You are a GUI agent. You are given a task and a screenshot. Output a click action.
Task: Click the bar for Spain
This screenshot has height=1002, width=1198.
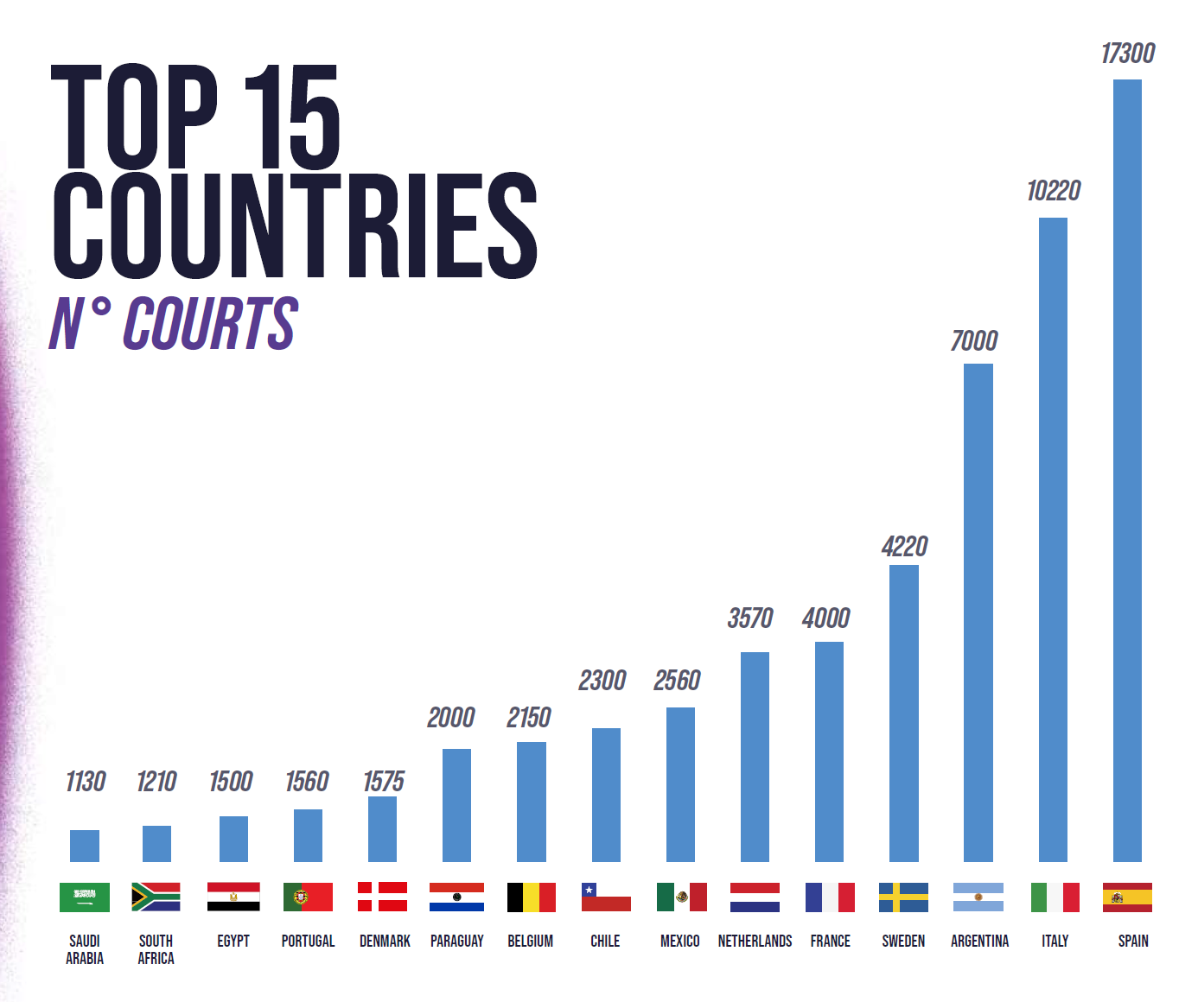1127,471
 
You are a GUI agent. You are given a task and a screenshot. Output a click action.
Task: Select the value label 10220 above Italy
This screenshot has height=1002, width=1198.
1053,191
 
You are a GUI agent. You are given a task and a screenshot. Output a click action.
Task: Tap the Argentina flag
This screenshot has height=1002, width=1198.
978,897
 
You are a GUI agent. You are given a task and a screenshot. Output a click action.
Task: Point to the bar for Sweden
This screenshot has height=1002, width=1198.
903,713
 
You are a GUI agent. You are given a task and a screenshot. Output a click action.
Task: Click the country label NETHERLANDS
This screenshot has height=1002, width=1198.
755,941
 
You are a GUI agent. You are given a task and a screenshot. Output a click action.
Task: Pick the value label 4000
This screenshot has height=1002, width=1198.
825,618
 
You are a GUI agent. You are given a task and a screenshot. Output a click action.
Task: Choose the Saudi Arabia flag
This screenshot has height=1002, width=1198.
85,897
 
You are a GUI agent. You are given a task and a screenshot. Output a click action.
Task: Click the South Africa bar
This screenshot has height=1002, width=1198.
156,844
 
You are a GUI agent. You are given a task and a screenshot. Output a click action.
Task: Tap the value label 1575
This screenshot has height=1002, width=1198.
383,782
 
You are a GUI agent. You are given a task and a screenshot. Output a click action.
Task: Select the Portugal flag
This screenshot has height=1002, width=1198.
308,897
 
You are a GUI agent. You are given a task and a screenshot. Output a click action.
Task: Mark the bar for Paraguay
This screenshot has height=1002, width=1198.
456,805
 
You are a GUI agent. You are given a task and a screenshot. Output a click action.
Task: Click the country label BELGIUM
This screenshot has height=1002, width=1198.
530,941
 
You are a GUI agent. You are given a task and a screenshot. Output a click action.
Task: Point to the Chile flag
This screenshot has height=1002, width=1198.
606,897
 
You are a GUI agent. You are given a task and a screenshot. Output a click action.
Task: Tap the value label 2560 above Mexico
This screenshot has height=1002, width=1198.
677,681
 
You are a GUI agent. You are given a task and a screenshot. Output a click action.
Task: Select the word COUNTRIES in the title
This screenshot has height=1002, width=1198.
295,225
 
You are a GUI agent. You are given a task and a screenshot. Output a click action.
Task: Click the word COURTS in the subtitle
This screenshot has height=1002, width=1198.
210,324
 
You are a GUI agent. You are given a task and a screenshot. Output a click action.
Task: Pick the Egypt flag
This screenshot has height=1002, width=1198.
233,897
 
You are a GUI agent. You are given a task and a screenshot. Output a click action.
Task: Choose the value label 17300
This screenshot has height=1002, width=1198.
1127,54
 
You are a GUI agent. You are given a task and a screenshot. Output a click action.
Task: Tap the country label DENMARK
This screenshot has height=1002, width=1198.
385,941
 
